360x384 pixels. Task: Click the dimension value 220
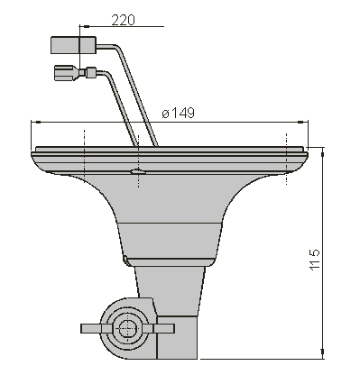click(x=123, y=20)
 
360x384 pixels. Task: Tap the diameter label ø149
click(x=178, y=113)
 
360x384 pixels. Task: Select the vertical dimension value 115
click(x=315, y=260)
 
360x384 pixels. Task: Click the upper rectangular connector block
click(x=73, y=45)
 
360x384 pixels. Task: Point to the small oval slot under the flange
click(x=138, y=172)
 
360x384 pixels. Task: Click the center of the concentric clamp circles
click(x=128, y=328)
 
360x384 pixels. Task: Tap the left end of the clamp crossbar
click(x=82, y=328)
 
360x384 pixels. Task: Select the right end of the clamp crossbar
click(x=173, y=328)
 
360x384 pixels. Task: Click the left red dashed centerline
click(x=85, y=156)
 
